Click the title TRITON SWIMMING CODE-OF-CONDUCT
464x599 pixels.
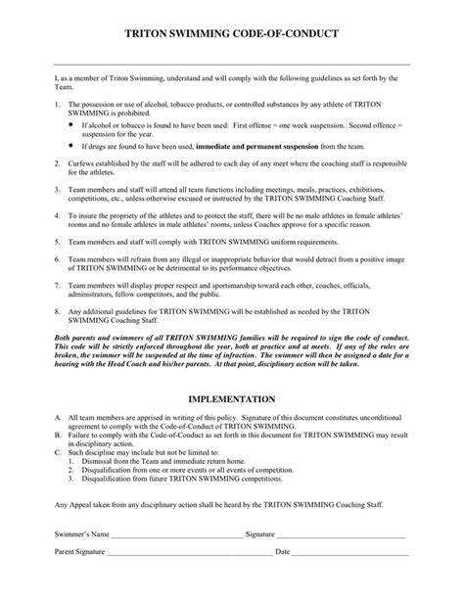pyautogui.click(x=231, y=33)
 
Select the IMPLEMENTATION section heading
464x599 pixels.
pyautogui.click(x=231, y=399)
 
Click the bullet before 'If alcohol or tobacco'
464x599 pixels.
pyautogui.click(x=70, y=126)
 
